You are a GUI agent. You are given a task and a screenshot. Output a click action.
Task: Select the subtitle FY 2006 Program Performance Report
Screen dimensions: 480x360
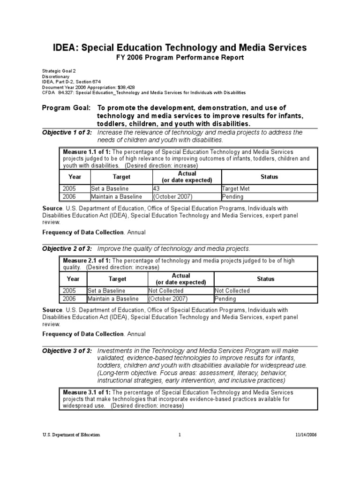[x=180, y=58]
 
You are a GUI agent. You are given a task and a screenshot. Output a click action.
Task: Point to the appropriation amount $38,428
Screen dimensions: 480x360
[x=123, y=88]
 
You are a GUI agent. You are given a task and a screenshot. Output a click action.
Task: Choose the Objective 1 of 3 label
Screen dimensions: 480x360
[x=67, y=133]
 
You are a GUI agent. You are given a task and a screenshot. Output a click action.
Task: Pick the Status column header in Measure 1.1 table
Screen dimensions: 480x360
[x=269, y=177]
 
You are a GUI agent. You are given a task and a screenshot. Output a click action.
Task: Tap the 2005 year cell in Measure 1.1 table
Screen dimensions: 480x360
[x=68, y=188]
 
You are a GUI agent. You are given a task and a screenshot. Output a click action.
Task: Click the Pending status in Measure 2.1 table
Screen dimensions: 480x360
[x=226, y=299]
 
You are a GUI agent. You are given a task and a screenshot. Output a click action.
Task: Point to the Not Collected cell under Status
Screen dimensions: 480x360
[x=232, y=291]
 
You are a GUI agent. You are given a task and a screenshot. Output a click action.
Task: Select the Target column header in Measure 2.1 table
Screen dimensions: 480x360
[x=117, y=279]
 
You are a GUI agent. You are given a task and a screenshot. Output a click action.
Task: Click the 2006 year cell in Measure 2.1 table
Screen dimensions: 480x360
[x=68, y=299]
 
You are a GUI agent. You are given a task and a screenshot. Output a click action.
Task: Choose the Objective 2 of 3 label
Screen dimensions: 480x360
[x=67, y=248]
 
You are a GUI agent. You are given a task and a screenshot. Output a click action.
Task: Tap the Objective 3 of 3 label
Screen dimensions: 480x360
[x=67, y=351]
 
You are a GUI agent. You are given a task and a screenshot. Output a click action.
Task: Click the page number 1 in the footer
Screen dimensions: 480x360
[x=180, y=435]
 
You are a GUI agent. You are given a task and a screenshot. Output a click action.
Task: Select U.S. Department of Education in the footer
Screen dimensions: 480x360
[x=71, y=435]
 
